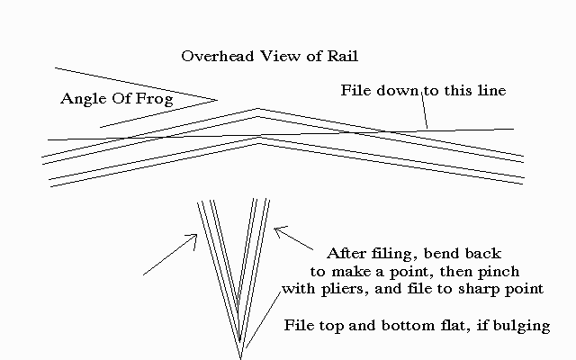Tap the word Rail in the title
click(x=344, y=56)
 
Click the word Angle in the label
click(x=83, y=97)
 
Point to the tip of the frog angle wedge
click(x=217, y=99)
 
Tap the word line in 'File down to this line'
click(x=492, y=91)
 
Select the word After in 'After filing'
click(x=346, y=253)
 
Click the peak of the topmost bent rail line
click(x=258, y=109)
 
